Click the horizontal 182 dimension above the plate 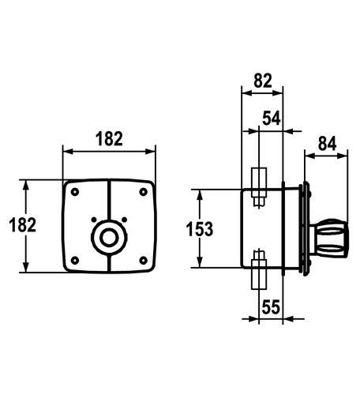coord(109,139)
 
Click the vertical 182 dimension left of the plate coord(22,225)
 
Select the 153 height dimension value coord(200,229)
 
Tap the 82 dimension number coord(263,81)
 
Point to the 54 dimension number coord(272,118)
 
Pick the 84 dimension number coord(327,144)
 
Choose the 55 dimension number coord(271,307)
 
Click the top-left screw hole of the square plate coord(75,192)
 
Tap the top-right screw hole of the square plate coord(143,192)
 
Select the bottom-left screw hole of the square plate coord(75,261)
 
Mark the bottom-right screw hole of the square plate coord(143,261)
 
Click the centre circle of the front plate coord(109,237)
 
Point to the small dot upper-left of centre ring coord(94,220)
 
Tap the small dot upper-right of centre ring coord(125,220)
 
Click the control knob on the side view coord(329,239)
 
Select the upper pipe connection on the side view coord(259,187)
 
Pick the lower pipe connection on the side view coord(259,269)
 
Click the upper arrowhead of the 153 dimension coord(200,195)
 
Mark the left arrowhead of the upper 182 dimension coord(69,152)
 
